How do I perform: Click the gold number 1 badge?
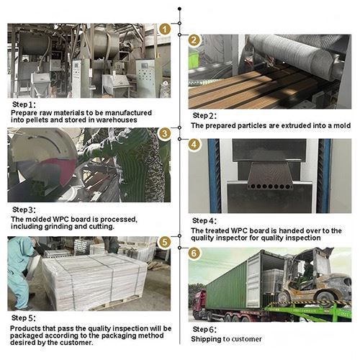click(x=164, y=30)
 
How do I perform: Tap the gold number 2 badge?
click(x=194, y=40)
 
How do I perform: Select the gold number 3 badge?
click(x=164, y=133)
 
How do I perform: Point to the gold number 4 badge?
click(x=194, y=145)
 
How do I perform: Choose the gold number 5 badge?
click(x=164, y=242)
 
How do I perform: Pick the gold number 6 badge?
click(x=194, y=253)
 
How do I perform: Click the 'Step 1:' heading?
click(x=24, y=104)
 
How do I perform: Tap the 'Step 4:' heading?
click(x=204, y=221)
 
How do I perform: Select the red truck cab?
click(x=198, y=305)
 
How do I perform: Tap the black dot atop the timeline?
click(x=179, y=9)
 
